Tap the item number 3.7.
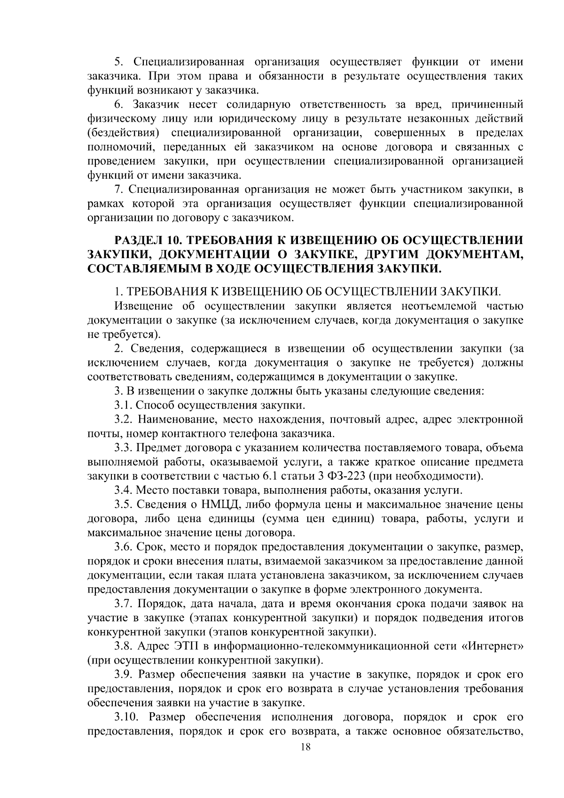tap(124, 603)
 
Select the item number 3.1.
tap(123, 405)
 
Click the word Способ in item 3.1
tap(156, 405)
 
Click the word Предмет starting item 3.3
tap(158, 448)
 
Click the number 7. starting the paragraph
tap(119, 190)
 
